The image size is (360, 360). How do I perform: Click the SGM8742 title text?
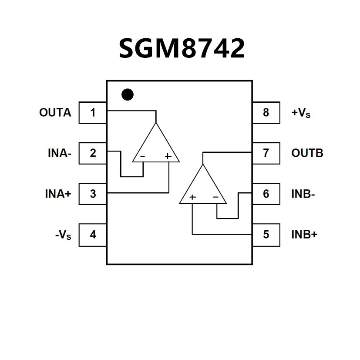(x=182, y=48)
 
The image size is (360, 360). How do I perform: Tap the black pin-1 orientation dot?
(x=127, y=94)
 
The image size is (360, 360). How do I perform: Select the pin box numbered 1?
(x=93, y=113)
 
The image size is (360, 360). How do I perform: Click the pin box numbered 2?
(x=93, y=153)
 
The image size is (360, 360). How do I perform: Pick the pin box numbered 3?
(x=93, y=194)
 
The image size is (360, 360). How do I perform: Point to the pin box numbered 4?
(x=93, y=235)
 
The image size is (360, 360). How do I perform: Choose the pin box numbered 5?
(x=266, y=235)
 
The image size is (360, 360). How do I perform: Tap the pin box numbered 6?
(x=266, y=194)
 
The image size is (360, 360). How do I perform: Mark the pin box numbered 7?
(x=266, y=153)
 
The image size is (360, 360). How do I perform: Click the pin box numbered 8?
(x=266, y=113)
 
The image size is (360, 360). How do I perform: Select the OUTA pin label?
(x=55, y=113)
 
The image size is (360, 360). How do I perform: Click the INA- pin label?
(x=60, y=153)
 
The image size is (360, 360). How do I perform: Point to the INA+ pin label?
(x=58, y=194)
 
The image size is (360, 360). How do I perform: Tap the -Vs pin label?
(x=63, y=235)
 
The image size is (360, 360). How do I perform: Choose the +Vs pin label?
(x=301, y=113)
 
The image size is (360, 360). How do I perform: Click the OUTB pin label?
(x=307, y=153)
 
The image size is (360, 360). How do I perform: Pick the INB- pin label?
(x=303, y=194)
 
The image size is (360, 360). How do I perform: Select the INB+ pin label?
(x=304, y=235)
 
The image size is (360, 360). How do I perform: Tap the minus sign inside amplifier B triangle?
(x=215, y=197)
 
